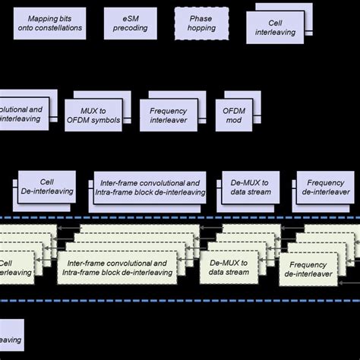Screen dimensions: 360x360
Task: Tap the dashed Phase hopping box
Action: click(201, 23)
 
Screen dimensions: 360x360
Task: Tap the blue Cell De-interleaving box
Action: click(47, 187)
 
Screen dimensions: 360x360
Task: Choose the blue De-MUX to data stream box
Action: click(246, 187)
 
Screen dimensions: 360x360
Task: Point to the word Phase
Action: click(201, 17)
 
